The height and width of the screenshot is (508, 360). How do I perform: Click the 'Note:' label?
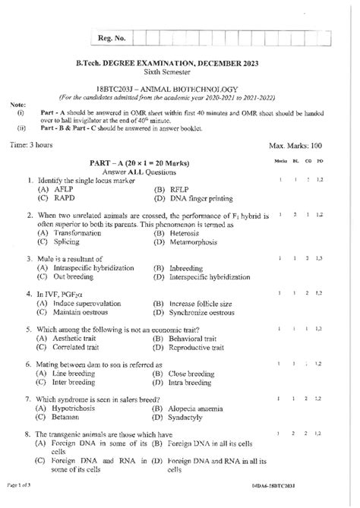coord(16,104)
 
